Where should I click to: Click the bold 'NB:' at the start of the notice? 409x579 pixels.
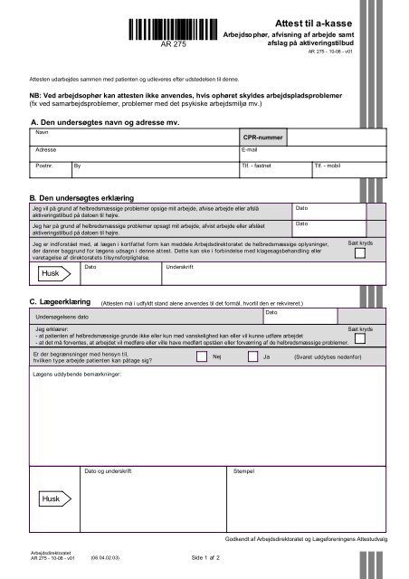pos(38,94)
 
